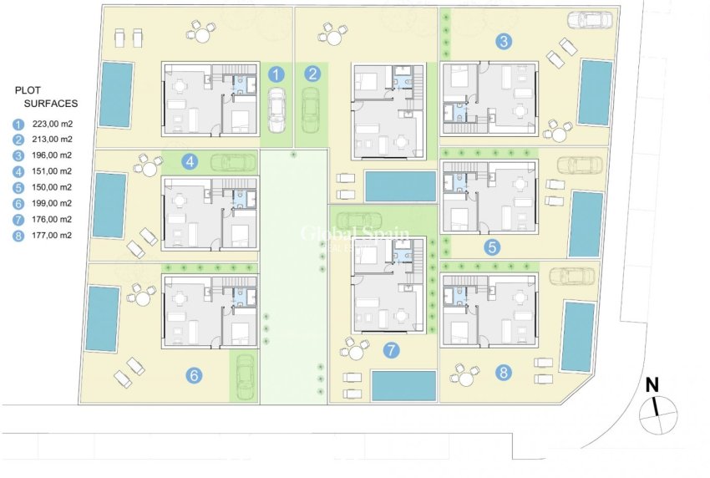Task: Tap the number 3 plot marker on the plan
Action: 504,40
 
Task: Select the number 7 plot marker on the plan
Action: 389,351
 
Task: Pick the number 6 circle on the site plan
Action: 194,376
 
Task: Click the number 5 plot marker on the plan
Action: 492,247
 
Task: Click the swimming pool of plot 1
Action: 116,94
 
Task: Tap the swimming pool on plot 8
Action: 578,337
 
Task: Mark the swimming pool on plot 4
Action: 109,205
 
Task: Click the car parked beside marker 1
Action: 276,112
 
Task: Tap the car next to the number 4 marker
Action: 233,162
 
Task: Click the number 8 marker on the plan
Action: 505,373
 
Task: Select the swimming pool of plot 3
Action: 595,91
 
